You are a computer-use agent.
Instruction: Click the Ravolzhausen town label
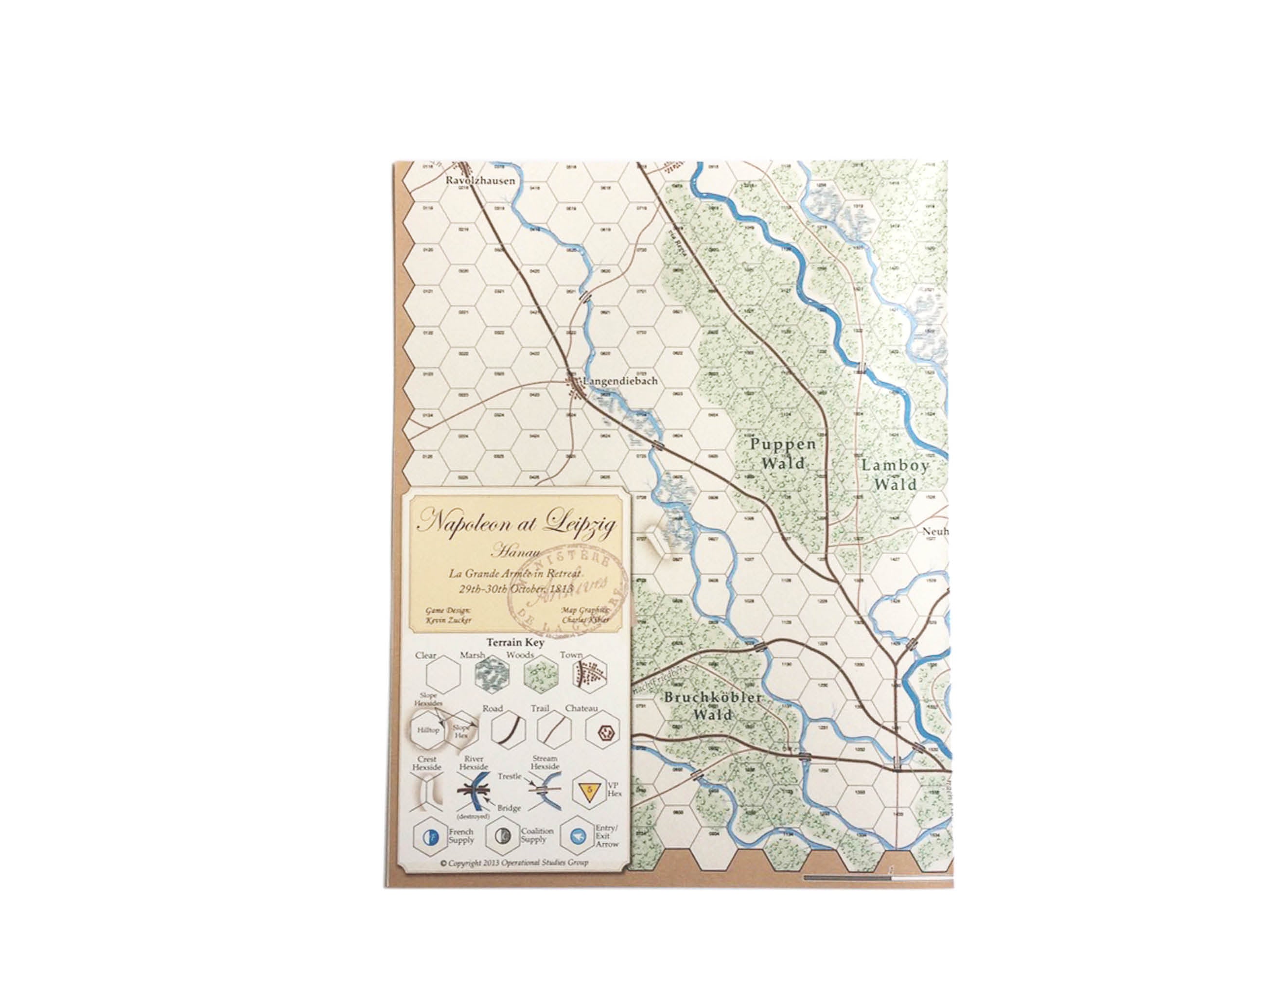pyautogui.click(x=480, y=180)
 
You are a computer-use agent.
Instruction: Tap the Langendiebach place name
pyautogui.click(x=620, y=381)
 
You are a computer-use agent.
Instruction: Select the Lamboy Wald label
pyautogui.click(x=896, y=475)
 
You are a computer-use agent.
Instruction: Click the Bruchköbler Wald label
pyautogui.click(x=713, y=706)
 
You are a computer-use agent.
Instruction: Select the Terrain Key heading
pyautogui.click(x=515, y=643)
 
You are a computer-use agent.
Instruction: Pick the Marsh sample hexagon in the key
pyautogui.click(x=491, y=674)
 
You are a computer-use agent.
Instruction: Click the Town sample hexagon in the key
pyautogui.click(x=589, y=674)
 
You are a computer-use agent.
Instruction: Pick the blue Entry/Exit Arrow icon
pyautogui.click(x=578, y=836)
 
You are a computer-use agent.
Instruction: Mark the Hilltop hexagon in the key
pyautogui.click(x=428, y=730)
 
